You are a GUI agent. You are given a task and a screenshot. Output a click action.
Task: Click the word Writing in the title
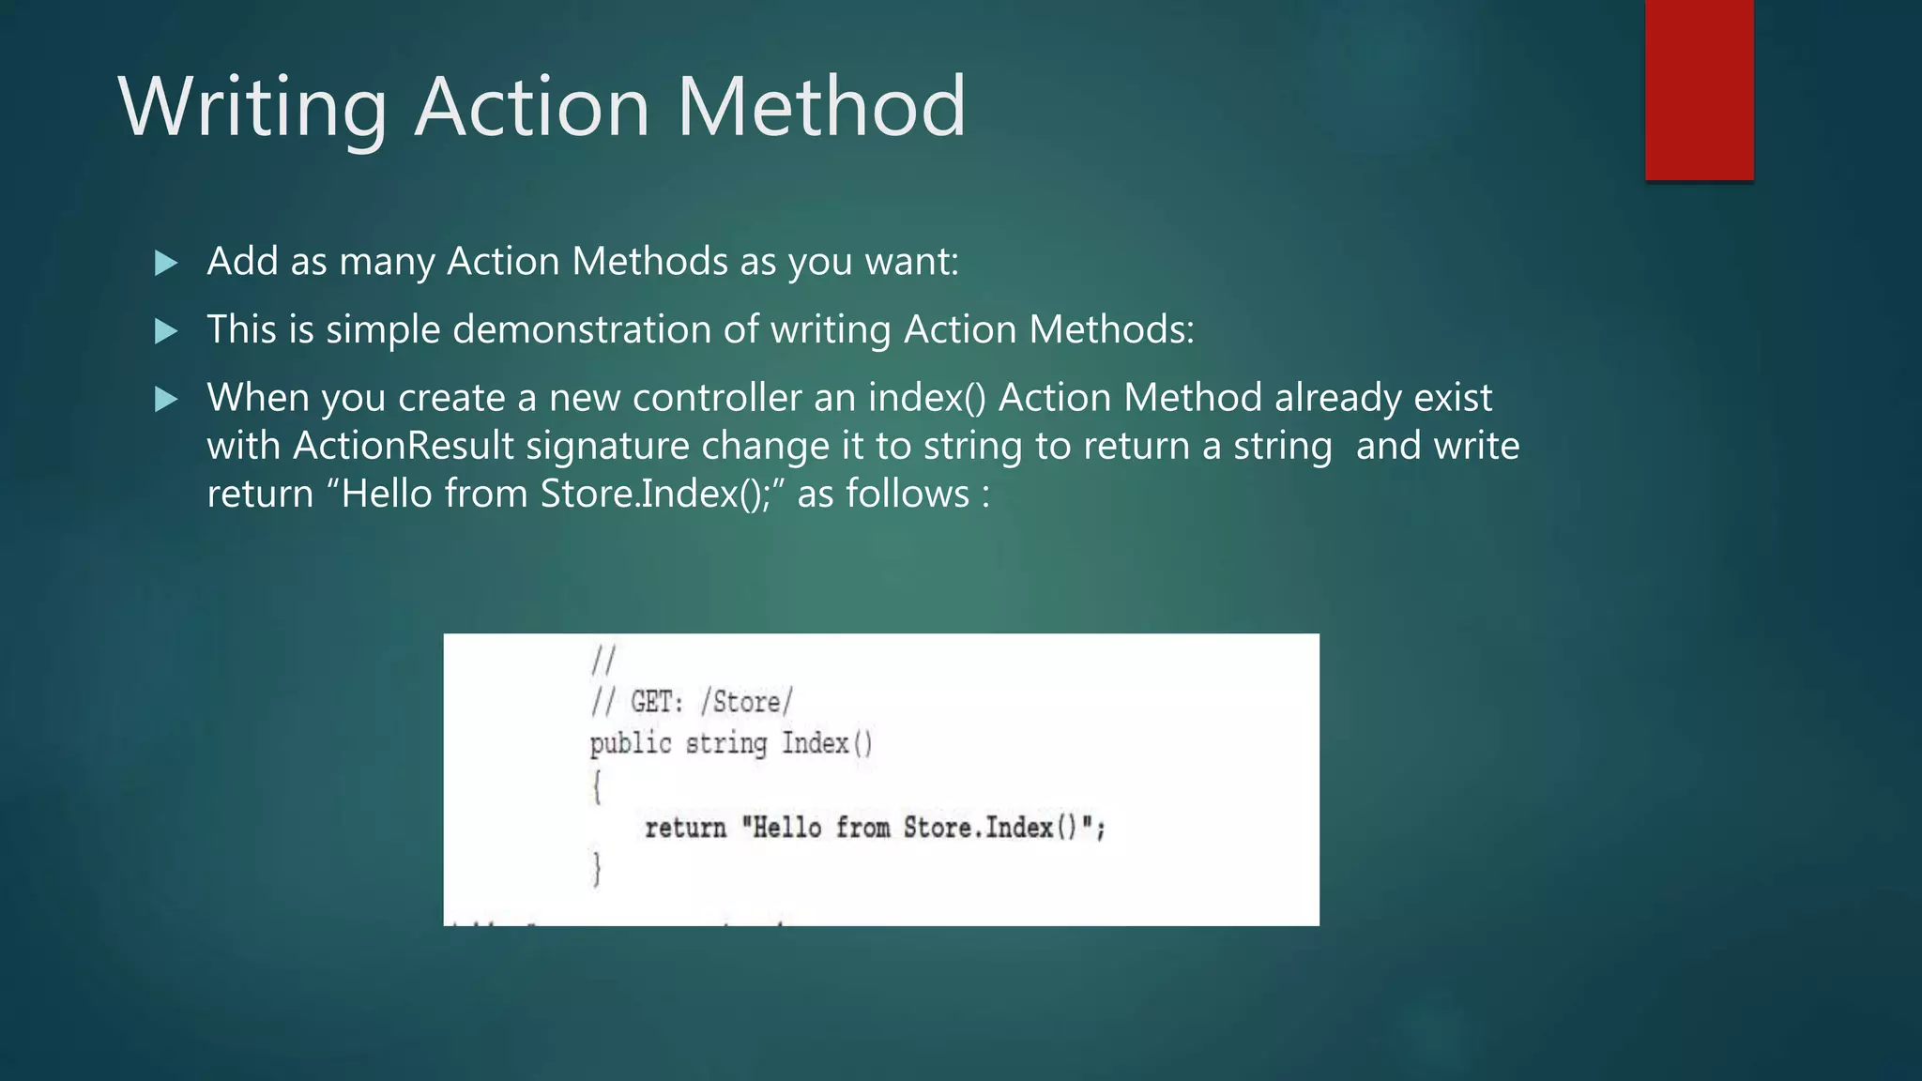[x=252, y=108]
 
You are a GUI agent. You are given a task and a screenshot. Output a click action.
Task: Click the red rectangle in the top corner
[x=1699, y=90]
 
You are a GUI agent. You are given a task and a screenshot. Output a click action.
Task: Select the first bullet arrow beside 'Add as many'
[x=166, y=263]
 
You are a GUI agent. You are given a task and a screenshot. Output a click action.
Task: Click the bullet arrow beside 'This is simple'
[x=166, y=331]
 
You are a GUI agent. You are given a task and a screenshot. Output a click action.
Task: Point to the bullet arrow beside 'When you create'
[x=166, y=400]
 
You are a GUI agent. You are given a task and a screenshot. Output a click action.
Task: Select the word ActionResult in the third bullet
[x=404, y=446]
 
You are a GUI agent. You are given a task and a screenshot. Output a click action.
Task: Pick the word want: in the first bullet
[x=912, y=262]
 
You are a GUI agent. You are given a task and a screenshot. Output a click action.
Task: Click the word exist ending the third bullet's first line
[x=1453, y=398]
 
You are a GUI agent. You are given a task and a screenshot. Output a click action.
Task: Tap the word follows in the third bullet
[x=908, y=494]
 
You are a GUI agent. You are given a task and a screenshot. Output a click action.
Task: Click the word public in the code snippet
[x=631, y=744]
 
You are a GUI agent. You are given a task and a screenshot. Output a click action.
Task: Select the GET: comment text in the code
[x=656, y=702]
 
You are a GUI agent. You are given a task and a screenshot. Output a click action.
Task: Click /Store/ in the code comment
[x=746, y=702]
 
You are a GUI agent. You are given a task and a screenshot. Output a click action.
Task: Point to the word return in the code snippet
[x=685, y=828]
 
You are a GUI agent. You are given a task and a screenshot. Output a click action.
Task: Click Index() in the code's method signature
[x=827, y=744]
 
